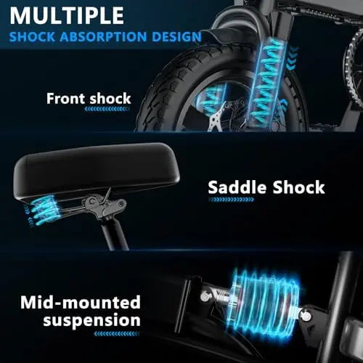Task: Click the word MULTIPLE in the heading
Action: coord(67,15)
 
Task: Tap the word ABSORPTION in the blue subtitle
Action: coord(103,36)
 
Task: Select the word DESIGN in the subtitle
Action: coord(176,36)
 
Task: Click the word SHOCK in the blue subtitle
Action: coord(32,36)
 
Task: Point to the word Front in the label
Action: coord(66,99)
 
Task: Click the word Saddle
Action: coord(237,187)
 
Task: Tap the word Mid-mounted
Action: coord(81,302)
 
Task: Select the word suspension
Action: coord(91,320)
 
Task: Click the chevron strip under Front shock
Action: coord(107,109)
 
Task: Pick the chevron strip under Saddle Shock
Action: coord(231,200)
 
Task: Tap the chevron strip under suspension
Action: coord(117,334)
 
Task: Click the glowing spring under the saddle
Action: coord(43,210)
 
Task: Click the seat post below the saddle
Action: coord(115,234)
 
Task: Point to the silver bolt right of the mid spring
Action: coord(306,315)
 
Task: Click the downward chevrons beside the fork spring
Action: coord(292,58)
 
